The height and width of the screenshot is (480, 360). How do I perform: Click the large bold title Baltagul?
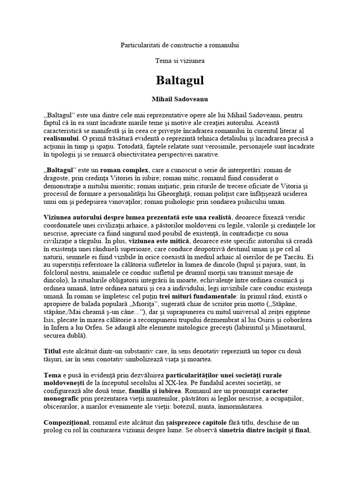tap(180, 80)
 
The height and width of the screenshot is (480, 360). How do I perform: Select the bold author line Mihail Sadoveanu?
tap(180, 100)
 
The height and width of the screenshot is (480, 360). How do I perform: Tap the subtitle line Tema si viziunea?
tap(180, 61)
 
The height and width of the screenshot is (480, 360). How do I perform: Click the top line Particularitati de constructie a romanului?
tap(180, 45)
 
